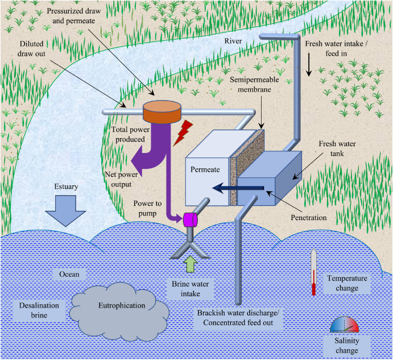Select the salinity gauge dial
point(345,325)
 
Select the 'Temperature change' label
point(347,283)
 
